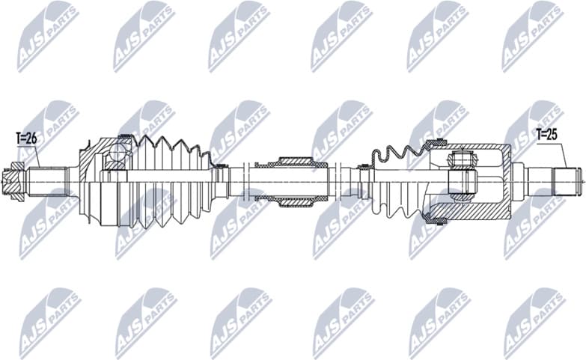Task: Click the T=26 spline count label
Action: click(25, 138)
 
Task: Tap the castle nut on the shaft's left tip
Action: click(16, 180)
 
